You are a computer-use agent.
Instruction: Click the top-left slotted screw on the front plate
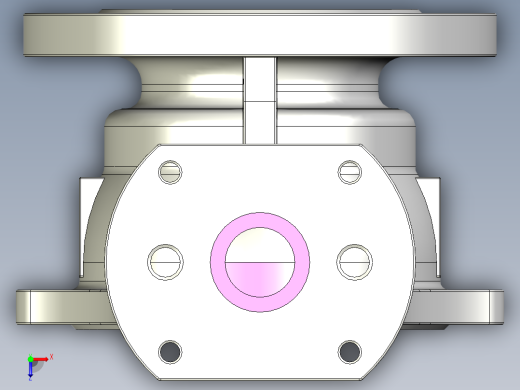(x=173, y=171)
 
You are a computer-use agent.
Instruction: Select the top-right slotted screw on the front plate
(x=349, y=171)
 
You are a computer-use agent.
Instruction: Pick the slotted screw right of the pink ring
(x=355, y=261)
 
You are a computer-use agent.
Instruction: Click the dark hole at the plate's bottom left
(x=172, y=351)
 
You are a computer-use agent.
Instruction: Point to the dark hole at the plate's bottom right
(x=349, y=351)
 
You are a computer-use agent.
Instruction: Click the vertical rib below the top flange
(x=260, y=100)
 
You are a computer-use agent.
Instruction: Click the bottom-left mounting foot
(x=50, y=305)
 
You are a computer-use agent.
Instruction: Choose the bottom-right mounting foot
(x=470, y=305)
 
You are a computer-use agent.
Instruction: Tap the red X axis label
(x=51, y=356)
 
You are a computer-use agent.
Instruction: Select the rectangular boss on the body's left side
(x=88, y=225)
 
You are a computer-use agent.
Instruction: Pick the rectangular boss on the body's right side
(x=430, y=225)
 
